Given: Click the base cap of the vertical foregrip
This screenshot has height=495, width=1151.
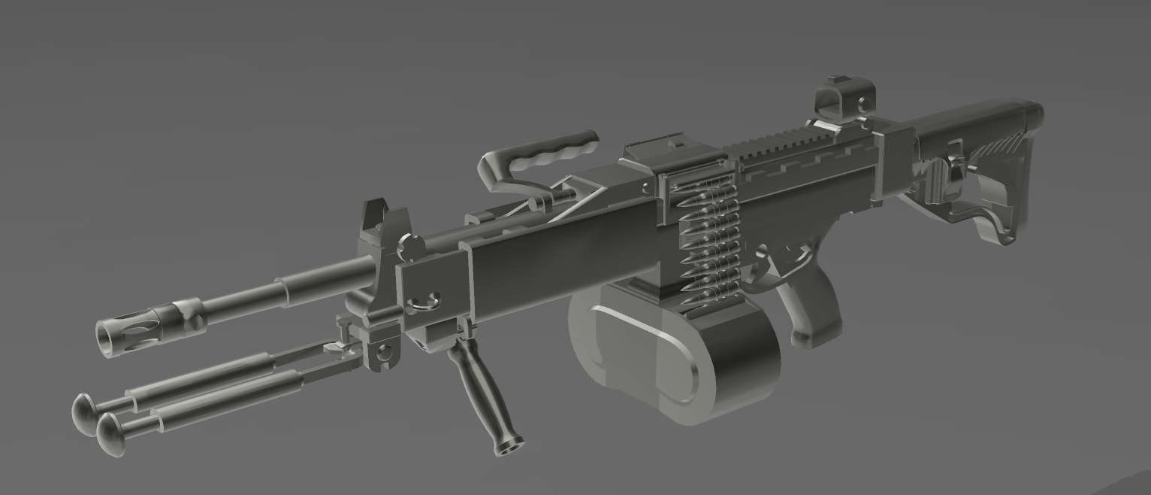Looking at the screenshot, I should point(509,446).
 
